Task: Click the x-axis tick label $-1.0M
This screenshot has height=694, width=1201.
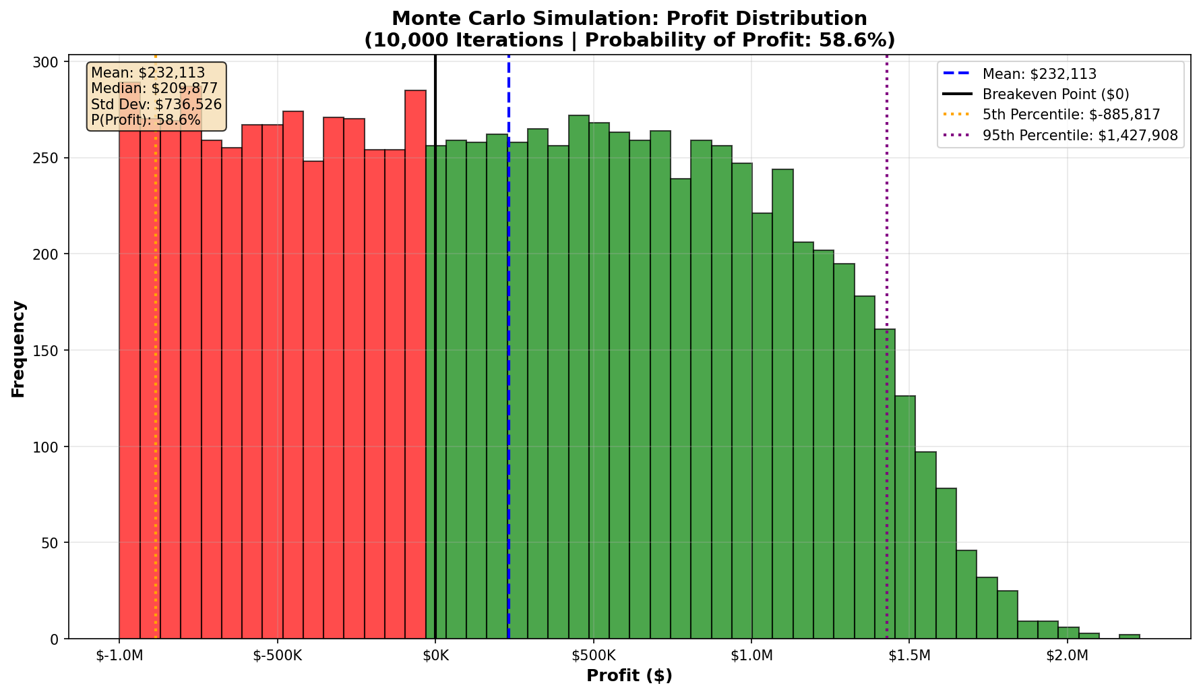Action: pyautogui.click(x=119, y=656)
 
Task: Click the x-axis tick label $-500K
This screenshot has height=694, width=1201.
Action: pyautogui.click(x=277, y=656)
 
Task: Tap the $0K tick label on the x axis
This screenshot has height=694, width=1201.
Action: pyautogui.click(x=435, y=656)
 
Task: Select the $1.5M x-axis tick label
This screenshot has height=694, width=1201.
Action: pyautogui.click(x=910, y=656)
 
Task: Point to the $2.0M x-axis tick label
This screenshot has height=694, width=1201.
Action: pyautogui.click(x=1068, y=656)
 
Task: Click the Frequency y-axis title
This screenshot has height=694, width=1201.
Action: pyautogui.click(x=18, y=349)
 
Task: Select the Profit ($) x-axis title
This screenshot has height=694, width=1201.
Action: pyautogui.click(x=629, y=676)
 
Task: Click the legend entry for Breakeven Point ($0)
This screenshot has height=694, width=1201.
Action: pyautogui.click(x=1055, y=94)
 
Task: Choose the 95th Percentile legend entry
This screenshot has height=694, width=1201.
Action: pyautogui.click(x=1080, y=136)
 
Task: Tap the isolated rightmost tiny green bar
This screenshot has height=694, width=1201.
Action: pyautogui.click(x=1130, y=636)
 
